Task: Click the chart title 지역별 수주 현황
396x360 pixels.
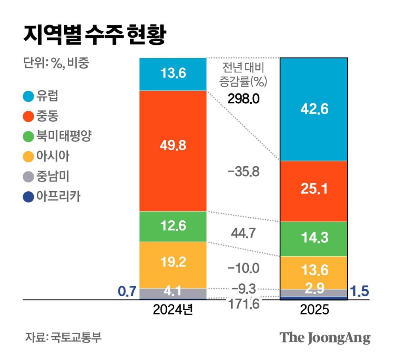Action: click(94, 36)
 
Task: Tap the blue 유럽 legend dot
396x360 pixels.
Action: click(29, 96)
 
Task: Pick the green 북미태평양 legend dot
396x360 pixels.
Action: click(29, 137)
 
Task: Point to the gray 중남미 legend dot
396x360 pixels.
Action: click(29, 177)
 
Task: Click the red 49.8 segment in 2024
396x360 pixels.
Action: click(173, 151)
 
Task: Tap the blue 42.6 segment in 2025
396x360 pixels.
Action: click(314, 109)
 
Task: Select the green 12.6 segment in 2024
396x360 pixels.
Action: click(173, 226)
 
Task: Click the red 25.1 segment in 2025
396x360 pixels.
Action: click(314, 191)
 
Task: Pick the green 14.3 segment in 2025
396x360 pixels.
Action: click(314, 238)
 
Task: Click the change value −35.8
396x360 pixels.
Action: click(243, 172)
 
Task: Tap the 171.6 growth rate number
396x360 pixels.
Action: click(243, 304)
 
